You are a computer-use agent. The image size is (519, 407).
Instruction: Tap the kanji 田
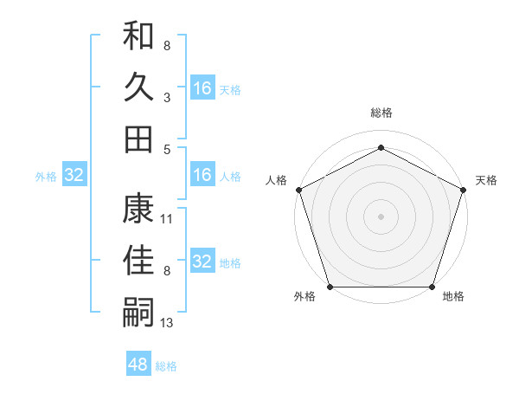(138, 138)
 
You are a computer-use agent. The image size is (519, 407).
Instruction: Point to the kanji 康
(138, 208)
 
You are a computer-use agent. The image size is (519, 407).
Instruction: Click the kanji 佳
(138, 260)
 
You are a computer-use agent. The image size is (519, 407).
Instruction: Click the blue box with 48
(138, 364)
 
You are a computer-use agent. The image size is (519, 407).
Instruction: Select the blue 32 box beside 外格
(74, 176)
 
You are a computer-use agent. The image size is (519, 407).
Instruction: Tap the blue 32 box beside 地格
(202, 262)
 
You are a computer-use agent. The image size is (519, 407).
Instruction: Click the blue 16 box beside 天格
(202, 87)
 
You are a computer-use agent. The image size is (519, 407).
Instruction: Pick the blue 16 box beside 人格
(202, 176)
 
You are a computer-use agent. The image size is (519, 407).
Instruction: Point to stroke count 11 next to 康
(167, 219)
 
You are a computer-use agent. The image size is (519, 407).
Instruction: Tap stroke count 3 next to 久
(167, 98)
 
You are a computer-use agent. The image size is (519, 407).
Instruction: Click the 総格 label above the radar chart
(381, 113)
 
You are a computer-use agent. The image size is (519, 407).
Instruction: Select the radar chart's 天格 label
(487, 180)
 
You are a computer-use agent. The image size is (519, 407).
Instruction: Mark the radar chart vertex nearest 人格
(298, 189)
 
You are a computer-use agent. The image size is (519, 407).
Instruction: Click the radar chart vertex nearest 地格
(432, 287)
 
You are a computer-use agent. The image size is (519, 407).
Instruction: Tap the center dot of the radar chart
(381, 216)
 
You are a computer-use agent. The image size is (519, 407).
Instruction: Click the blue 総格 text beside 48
(166, 365)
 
